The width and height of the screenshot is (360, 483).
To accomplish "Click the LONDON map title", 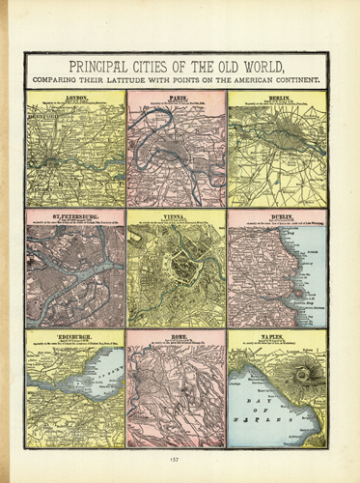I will pos(76,99).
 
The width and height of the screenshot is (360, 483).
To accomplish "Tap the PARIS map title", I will pos(177,99).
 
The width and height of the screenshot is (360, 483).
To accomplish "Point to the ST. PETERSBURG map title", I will pos(76,217).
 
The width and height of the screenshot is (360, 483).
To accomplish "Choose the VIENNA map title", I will pos(177,218).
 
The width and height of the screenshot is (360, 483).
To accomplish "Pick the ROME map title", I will pos(177,336).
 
